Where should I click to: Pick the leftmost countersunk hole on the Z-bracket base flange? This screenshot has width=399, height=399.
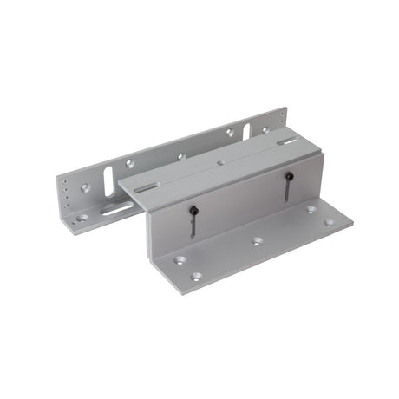(179, 258)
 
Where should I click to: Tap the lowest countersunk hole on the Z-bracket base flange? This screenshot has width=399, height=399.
(196, 277)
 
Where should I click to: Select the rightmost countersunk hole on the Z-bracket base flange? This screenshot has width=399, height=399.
(328, 223)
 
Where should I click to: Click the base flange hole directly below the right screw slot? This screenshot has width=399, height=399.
(310, 209)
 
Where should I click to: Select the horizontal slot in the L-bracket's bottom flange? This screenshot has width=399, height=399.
(114, 208)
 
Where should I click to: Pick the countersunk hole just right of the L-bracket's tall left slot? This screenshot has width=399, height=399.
(129, 162)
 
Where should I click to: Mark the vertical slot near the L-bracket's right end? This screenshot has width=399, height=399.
(245, 131)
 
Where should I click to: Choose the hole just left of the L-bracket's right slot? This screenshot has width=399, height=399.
(229, 133)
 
